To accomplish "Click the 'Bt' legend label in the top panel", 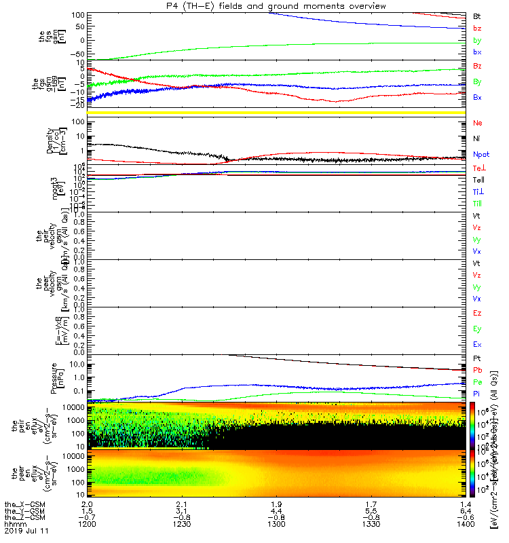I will tap(478, 15).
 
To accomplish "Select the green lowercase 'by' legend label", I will tap(478, 41).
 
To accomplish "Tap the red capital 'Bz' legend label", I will tap(478, 66).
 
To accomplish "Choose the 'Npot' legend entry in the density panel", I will tap(481, 155).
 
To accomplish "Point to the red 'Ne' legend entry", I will tap(478, 124).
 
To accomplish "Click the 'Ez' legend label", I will tap(478, 314).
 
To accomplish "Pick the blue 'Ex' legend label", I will tap(478, 345).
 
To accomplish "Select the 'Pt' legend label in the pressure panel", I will tap(478, 358).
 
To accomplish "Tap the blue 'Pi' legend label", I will tap(477, 393).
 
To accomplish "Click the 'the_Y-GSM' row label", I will tap(24, 512).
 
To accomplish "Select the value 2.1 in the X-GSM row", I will tap(176, 504).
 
